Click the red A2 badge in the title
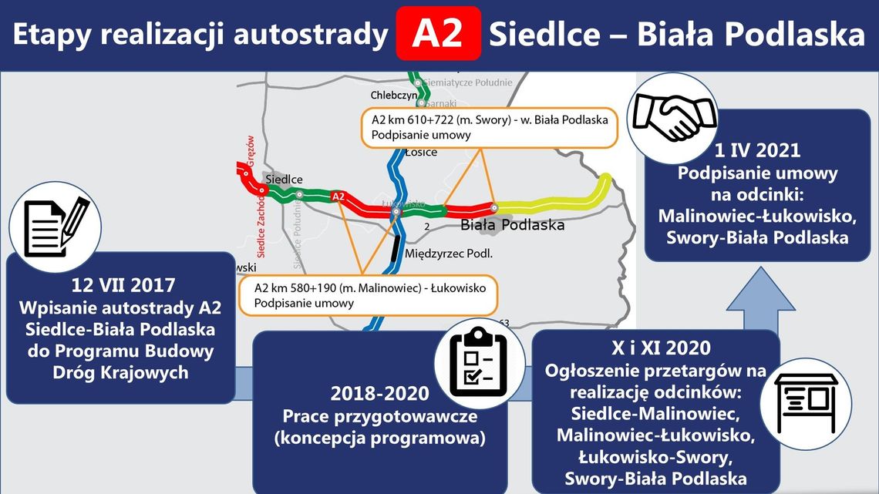pos(438,35)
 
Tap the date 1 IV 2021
pos(756,150)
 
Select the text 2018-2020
pos(379,394)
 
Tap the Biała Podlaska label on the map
pos(512,225)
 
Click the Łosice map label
pos(421,153)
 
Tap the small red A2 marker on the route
pos(338,197)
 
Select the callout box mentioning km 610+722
pos(490,127)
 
